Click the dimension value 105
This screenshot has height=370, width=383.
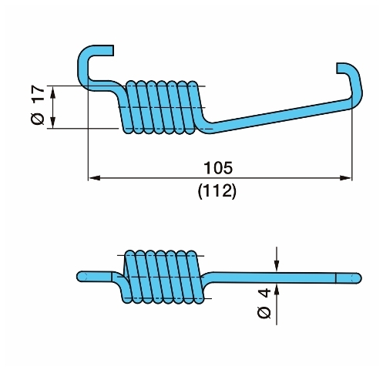click(218, 167)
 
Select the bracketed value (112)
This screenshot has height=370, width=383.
click(217, 191)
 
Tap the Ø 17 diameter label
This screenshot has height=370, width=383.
click(38, 105)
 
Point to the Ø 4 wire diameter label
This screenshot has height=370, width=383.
click(264, 304)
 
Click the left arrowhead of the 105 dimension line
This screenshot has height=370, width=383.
click(94, 178)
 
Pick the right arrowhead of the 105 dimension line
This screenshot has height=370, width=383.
click(346, 178)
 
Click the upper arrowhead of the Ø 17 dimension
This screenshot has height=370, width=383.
click(52, 92)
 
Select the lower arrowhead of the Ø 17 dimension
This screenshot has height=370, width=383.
click(52, 123)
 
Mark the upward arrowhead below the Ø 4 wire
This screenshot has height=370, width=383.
click(277, 291)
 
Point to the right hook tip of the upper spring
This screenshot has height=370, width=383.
click(340, 68)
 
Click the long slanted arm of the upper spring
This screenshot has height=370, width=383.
click(279, 115)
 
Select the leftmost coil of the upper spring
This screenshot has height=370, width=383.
click(129, 107)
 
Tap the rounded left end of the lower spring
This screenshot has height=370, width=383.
click(82, 277)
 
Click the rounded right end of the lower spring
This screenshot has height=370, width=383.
click(356, 278)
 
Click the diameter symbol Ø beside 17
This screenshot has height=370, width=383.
click(38, 119)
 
